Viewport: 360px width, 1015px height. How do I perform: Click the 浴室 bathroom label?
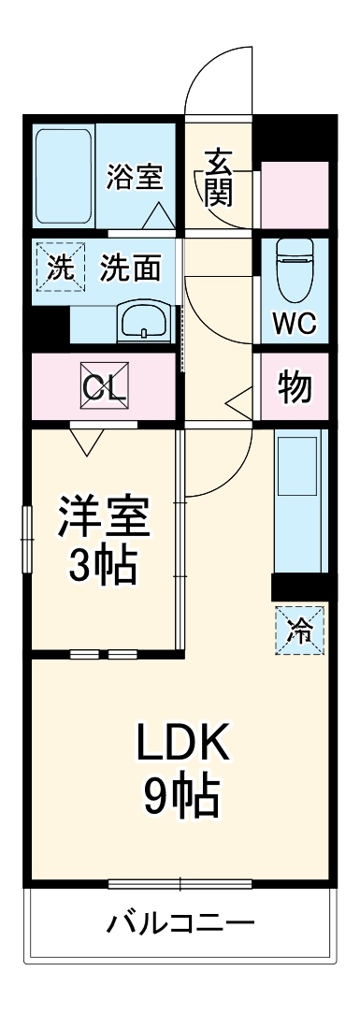coord(136,175)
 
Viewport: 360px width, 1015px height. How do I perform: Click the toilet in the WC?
coord(295,267)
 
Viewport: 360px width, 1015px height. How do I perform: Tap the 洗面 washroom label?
coord(131,269)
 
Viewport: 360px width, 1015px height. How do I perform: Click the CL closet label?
coord(105,385)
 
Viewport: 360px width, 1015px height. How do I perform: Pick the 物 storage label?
coord(295,385)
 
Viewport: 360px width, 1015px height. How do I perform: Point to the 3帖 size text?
coord(104,564)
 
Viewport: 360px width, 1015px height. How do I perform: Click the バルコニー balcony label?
coord(180,924)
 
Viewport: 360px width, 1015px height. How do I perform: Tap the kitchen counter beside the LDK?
coord(300,505)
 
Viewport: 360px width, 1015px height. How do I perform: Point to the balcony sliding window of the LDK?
coord(180,882)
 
